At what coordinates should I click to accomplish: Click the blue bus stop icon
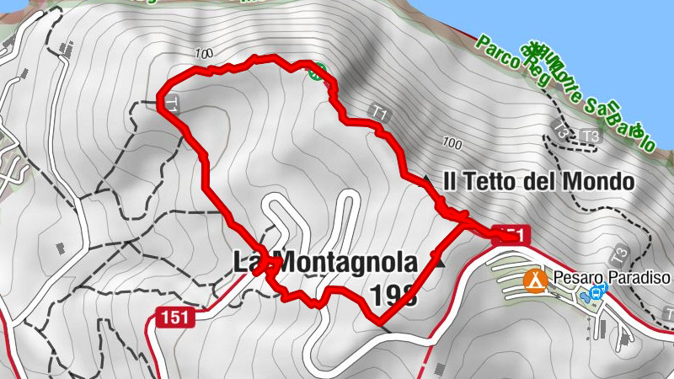coord(597,292)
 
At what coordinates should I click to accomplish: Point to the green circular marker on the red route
coord(315,72)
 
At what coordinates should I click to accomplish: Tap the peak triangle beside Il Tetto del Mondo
coord(426,180)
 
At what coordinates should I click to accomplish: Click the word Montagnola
coord(345,263)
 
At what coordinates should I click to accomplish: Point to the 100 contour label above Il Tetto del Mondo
coord(452,141)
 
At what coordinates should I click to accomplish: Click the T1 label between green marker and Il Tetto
coord(378,111)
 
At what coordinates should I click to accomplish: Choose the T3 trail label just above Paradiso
coord(621,254)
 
